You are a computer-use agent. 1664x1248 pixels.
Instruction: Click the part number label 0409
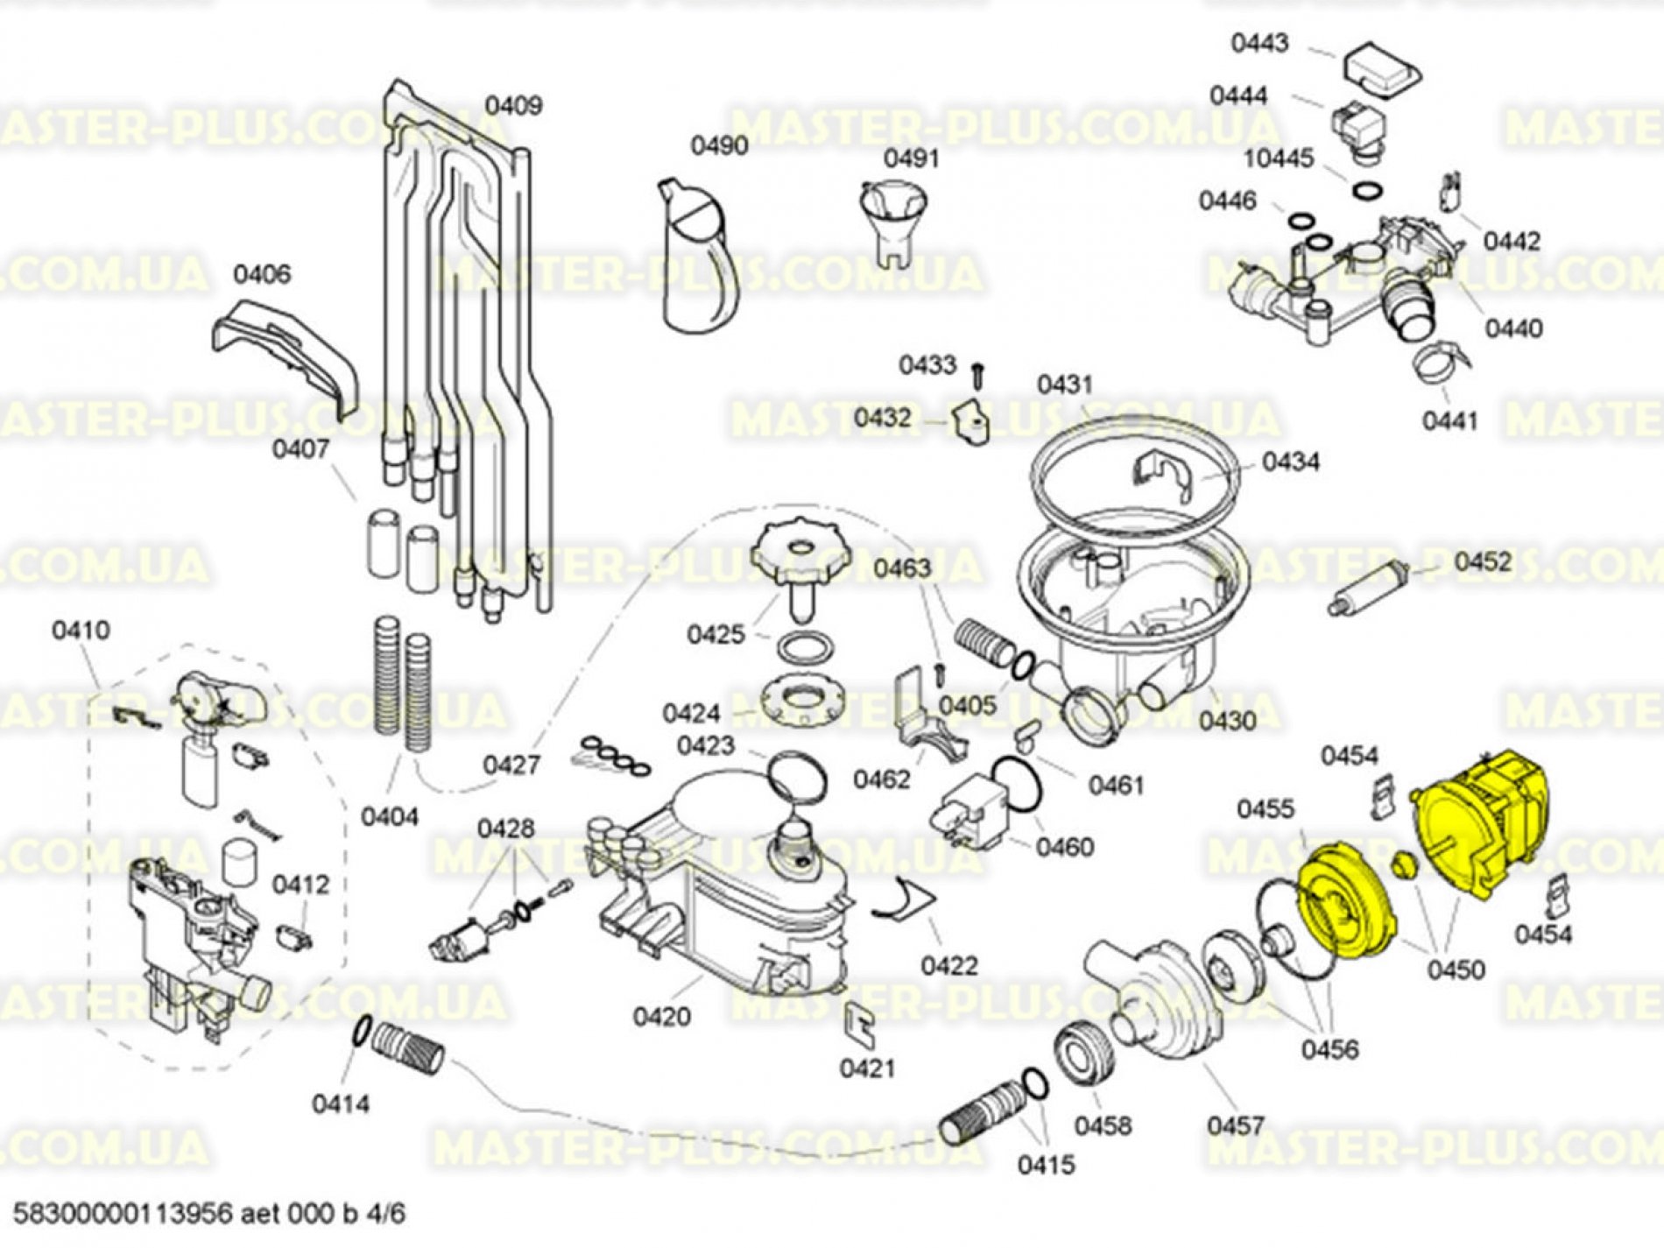pyautogui.click(x=514, y=106)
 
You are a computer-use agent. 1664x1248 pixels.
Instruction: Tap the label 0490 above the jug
pyautogui.click(x=719, y=145)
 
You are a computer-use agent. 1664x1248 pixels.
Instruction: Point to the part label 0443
pyautogui.click(x=1259, y=43)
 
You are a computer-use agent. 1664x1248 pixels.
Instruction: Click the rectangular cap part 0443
pyautogui.click(x=1380, y=67)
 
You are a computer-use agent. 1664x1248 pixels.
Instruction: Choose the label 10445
pyautogui.click(x=1279, y=159)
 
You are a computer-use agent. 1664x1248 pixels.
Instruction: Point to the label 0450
pyautogui.click(x=1456, y=969)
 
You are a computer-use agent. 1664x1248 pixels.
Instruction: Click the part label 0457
pyautogui.click(x=1235, y=1125)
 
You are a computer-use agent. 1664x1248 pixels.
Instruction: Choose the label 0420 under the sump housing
pyautogui.click(x=661, y=1017)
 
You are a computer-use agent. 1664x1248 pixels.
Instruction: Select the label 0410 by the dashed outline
pyautogui.click(x=81, y=630)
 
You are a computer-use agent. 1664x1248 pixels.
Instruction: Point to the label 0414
pyautogui.click(x=341, y=1104)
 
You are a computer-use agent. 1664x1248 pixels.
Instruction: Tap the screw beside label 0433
pyautogui.click(x=977, y=377)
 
